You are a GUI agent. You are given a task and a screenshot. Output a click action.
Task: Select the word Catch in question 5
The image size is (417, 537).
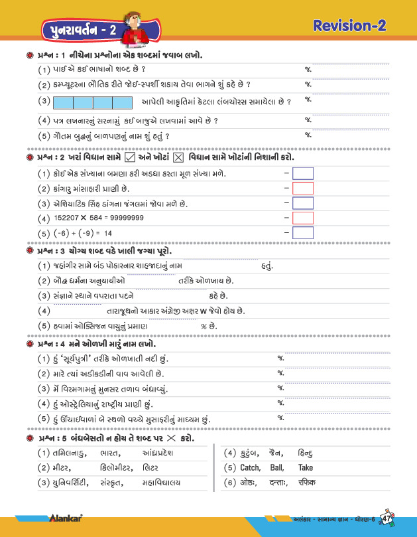(253, 468)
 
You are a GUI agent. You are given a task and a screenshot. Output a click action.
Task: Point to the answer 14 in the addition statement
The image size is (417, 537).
(107, 233)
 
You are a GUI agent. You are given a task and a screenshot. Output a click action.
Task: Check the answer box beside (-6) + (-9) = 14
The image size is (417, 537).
(302, 232)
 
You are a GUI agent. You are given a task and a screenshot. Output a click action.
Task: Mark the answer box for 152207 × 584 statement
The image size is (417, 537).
(302, 218)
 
